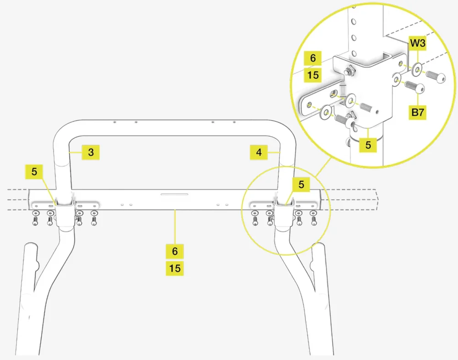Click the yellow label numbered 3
91,152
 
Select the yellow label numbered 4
259,152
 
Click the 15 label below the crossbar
174,268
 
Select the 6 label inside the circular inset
313,58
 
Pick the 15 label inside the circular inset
313,74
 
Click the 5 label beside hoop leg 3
34,173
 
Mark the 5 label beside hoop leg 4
301,185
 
